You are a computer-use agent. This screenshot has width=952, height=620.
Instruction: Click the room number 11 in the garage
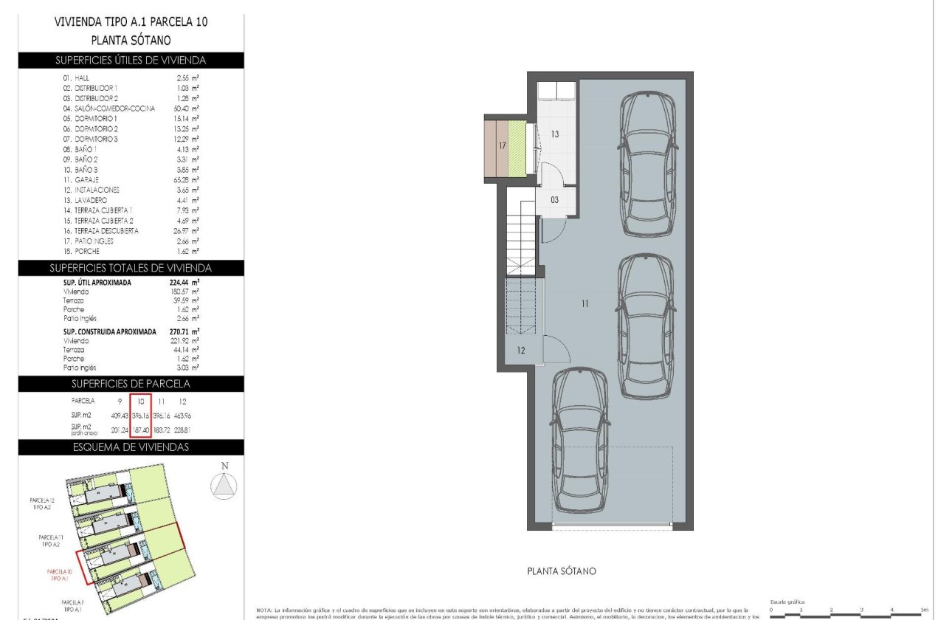(x=584, y=303)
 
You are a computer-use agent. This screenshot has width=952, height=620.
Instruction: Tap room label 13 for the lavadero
(x=555, y=134)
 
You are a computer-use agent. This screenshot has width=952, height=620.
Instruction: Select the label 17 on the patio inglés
(x=502, y=146)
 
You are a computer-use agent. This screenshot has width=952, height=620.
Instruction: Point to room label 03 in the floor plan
(x=554, y=200)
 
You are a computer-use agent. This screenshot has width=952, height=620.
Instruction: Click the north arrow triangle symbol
(x=225, y=485)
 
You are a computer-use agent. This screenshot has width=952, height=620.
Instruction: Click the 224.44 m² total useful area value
(x=184, y=282)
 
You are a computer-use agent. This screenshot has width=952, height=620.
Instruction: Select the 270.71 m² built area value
(x=184, y=332)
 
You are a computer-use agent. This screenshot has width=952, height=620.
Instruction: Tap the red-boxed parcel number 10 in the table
(x=140, y=401)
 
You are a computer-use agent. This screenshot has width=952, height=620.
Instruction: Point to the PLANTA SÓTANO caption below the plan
(x=562, y=571)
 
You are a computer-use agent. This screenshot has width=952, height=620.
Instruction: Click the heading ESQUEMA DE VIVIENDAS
(x=131, y=447)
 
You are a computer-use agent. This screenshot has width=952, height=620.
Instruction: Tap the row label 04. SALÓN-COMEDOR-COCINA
(x=108, y=108)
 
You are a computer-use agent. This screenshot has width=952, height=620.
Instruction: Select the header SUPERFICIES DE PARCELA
(x=131, y=384)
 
